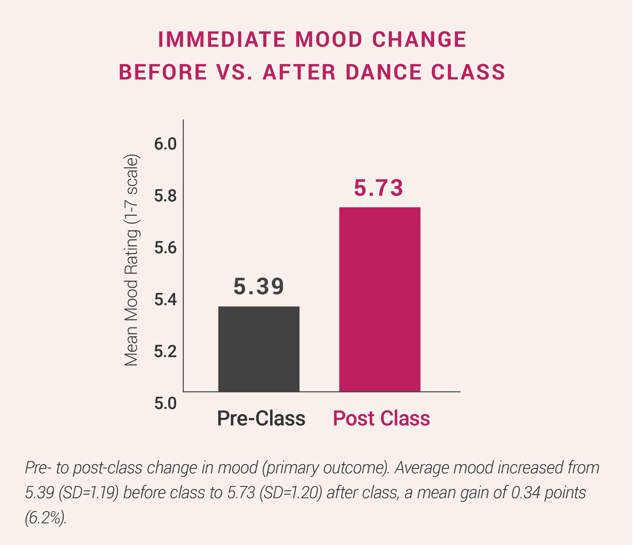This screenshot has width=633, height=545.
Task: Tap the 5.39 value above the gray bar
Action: (x=259, y=287)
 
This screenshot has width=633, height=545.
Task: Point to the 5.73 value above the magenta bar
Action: (x=378, y=188)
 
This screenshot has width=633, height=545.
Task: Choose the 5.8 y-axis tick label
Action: (x=165, y=196)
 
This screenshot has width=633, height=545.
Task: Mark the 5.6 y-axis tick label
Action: (x=165, y=248)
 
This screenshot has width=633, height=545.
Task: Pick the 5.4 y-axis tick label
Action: (x=165, y=300)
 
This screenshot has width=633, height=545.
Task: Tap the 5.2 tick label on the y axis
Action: (x=165, y=352)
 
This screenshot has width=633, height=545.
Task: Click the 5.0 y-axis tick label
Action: (x=165, y=403)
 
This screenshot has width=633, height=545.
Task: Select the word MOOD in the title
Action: (x=329, y=40)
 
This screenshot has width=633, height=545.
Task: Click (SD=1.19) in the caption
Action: (x=88, y=493)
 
